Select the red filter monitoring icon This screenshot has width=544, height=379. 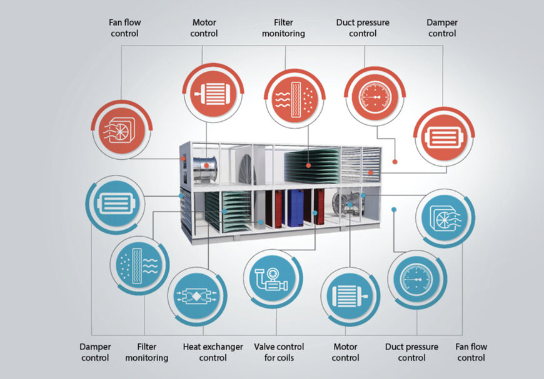(295, 99)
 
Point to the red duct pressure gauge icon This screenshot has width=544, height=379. (375, 98)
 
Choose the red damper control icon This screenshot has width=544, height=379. (443, 137)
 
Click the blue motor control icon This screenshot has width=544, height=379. (350, 296)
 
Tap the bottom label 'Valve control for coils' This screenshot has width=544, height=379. (279, 352)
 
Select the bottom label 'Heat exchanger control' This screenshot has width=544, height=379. (213, 352)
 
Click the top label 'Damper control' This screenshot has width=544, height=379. (443, 28)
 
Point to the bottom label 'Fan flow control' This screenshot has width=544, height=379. (471, 352)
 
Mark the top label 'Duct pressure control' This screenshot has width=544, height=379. (363, 28)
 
